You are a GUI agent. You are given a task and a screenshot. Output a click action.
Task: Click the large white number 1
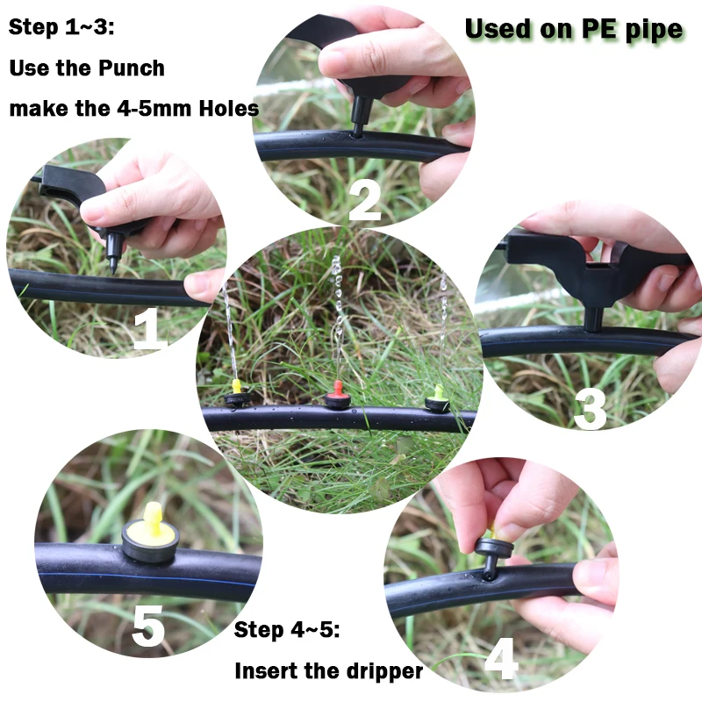click(151, 328)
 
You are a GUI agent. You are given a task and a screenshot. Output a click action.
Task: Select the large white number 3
click(590, 409)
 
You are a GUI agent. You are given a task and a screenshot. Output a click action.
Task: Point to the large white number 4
click(501, 658)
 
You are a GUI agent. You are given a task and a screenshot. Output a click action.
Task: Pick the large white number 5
click(148, 626)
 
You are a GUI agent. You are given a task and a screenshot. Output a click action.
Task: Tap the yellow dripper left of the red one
click(236, 393)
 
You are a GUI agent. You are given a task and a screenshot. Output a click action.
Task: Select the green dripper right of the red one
click(437, 398)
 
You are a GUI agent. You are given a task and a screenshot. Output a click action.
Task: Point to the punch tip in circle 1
click(113, 270)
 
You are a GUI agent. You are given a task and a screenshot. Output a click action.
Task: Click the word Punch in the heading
click(131, 68)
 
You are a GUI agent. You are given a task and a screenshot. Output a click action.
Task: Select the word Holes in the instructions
click(229, 108)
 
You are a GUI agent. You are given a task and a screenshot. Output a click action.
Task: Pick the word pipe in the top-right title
click(654, 31)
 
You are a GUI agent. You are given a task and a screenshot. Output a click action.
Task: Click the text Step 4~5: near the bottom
click(287, 630)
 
